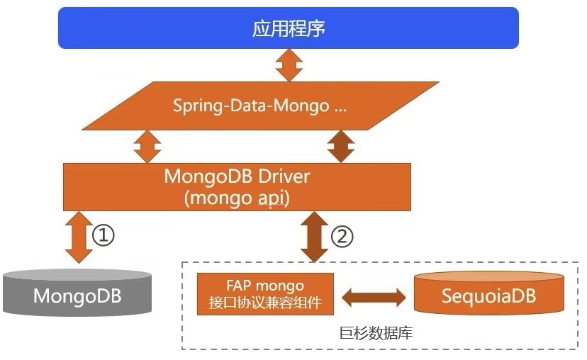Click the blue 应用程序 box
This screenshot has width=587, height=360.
(x=289, y=28)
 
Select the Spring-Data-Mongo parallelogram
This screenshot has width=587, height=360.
(x=261, y=106)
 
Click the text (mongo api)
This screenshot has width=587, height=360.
(x=237, y=198)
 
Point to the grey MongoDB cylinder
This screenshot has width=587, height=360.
(x=77, y=292)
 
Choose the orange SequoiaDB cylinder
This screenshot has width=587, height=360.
(x=489, y=293)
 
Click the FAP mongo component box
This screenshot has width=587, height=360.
(x=265, y=294)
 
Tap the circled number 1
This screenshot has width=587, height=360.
(x=103, y=235)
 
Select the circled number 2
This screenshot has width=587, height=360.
(x=342, y=236)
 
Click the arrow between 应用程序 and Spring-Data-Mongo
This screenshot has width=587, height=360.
(x=289, y=65)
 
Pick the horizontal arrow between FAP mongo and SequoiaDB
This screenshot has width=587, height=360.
(x=374, y=298)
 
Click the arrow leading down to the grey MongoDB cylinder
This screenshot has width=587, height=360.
(x=79, y=237)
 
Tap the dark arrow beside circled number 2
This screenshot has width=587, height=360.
(x=315, y=237)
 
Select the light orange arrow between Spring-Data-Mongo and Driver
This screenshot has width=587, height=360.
(x=147, y=147)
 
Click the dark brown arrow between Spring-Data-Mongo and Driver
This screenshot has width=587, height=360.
(x=341, y=146)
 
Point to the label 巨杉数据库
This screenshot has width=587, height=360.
(x=376, y=332)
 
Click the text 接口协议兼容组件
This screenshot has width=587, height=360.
(x=265, y=303)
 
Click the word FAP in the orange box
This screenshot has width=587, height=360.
(x=238, y=286)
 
